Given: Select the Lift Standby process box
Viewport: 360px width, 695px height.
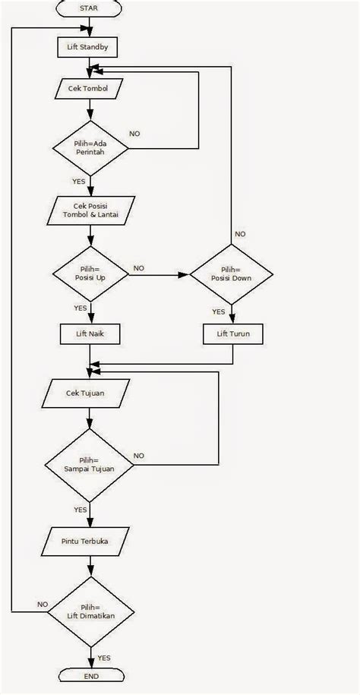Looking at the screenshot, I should pyautogui.click(x=89, y=46).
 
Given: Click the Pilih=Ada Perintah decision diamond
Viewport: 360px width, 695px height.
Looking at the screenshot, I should pyautogui.click(x=90, y=147).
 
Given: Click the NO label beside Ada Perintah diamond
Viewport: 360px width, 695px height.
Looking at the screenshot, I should pyautogui.click(x=134, y=134).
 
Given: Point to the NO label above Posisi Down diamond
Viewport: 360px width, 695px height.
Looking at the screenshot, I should pyautogui.click(x=240, y=234).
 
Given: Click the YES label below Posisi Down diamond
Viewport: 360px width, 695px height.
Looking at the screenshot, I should pyautogui.click(x=218, y=311).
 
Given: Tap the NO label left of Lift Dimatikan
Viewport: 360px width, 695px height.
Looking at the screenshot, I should pyautogui.click(x=43, y=604).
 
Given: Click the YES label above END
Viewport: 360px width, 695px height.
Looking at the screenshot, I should pyautogui.click(x=104, y=658).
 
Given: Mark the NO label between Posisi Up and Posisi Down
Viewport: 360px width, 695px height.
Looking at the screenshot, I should pyautogui.click(x=140, y=268).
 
